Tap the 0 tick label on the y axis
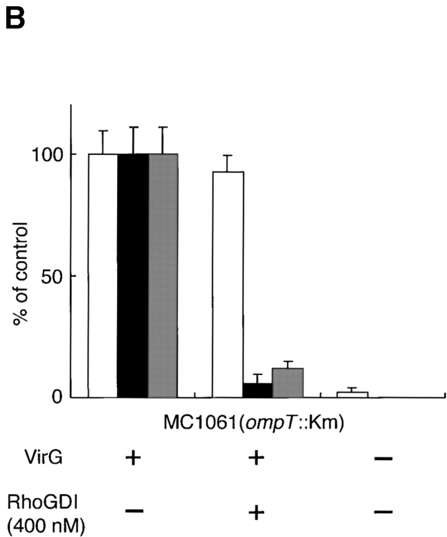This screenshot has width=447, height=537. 55,397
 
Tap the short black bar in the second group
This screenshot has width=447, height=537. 258,390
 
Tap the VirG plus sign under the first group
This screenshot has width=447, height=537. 132,458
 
